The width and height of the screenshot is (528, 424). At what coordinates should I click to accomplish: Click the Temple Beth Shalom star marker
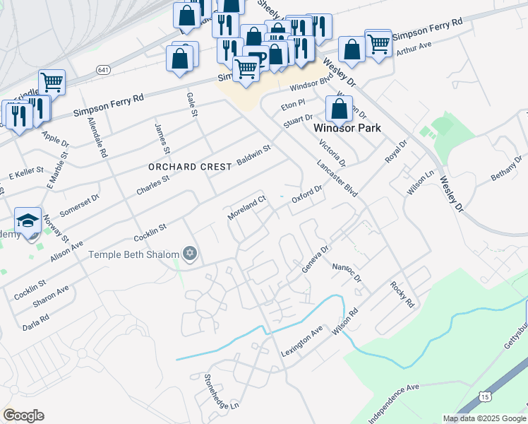pos(188,253)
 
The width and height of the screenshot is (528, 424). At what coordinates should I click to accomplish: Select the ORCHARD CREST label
pos(189,167)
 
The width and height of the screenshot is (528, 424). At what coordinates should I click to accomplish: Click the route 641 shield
pos(104,70)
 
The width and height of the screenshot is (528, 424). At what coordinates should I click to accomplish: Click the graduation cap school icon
pos(28,220)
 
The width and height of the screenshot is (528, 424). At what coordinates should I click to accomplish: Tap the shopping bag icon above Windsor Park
pos(340,110)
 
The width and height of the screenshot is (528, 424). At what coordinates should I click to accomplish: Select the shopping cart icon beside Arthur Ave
pos(379,44)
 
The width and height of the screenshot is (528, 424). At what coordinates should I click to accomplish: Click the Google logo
pos(23,416)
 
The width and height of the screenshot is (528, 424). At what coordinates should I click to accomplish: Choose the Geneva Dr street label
pos(316,259)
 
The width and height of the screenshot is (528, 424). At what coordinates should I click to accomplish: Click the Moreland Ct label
pos(246,208)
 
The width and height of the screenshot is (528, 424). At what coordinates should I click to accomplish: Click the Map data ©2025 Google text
pos(484,418)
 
